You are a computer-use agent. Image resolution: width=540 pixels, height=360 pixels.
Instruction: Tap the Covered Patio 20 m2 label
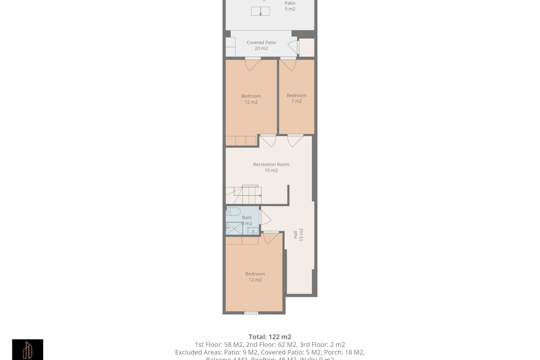pos(261,45)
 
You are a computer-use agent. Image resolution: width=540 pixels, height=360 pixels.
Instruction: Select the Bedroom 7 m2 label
pos(296,98)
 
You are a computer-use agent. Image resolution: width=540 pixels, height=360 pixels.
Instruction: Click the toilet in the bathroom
pos(233,211)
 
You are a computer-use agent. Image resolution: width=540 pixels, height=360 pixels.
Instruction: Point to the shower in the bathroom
pos(234,228)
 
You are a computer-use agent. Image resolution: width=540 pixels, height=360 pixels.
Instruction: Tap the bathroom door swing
pos(265,217)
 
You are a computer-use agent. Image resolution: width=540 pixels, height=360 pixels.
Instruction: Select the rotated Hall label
pos(298,235)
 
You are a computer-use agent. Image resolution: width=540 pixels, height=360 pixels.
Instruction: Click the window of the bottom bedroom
pos(251,313)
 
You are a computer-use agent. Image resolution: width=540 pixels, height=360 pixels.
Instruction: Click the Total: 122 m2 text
pos(270,337)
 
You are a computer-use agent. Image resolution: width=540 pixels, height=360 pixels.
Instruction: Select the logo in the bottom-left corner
pos(28,349)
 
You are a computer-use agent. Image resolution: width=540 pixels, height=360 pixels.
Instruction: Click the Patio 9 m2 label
pos(290,6)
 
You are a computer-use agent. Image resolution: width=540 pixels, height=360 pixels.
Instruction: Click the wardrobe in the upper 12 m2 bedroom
pos(241,141)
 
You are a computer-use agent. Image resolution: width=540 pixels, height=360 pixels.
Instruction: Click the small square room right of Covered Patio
pos(306,47)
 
